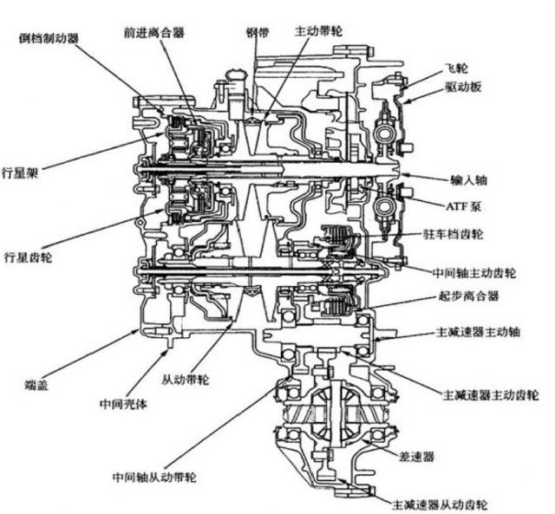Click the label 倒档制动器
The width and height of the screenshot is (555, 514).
[x=50, y=38]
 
